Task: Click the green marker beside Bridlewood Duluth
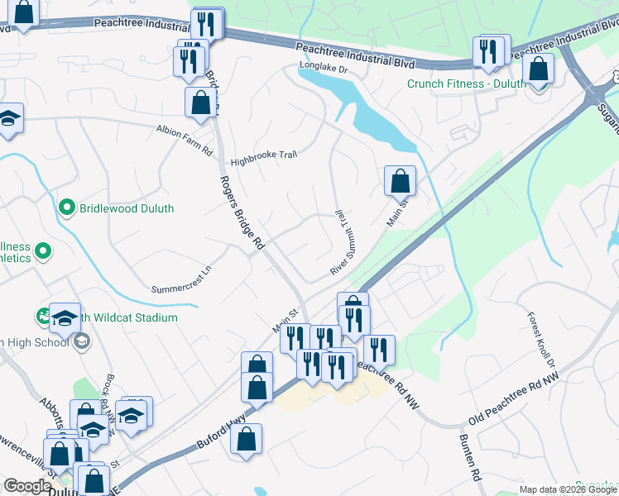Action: click(x=67, y=208)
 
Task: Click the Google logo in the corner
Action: click(x=26, y=487)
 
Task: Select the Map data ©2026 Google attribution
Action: click(x=567, y=489)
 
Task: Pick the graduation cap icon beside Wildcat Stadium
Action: click(x=65, y=317)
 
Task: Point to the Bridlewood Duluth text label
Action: click(x=127, y=208)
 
